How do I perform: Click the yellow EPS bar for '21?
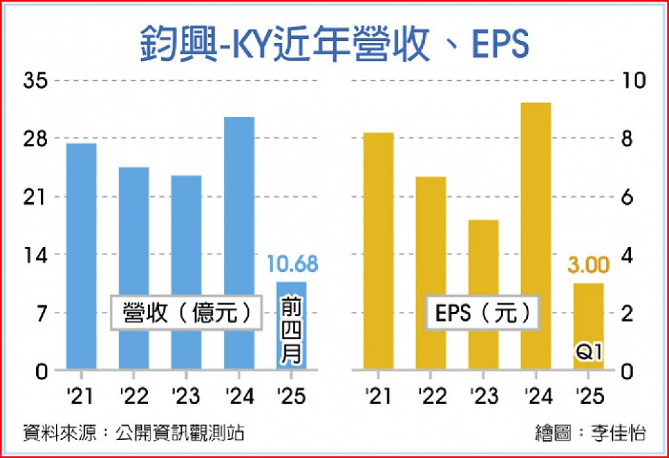coord(378,250)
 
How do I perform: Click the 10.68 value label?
coord(292,264)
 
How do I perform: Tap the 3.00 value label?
coord(589,265)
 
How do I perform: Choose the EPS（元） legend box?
coord(482,313)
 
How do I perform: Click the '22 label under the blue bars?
coord(134,396)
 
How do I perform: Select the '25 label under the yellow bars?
coord(589,396)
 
